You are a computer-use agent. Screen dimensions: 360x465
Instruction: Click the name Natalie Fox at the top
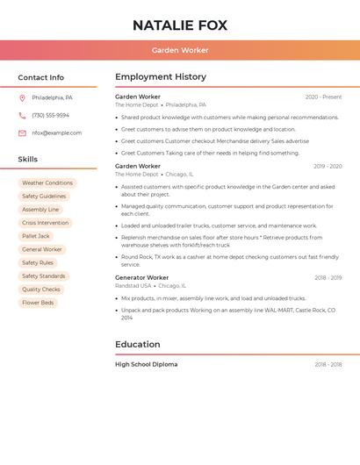point(179,25)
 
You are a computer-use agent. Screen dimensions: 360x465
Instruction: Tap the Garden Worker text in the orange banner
point(179,50)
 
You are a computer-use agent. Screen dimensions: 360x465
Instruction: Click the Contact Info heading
point(40,77)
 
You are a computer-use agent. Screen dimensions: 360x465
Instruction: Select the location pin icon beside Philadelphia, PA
point(22,97)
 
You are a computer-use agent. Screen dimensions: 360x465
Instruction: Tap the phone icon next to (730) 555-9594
point(22,115)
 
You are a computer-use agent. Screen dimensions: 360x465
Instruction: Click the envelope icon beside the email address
point(22,133)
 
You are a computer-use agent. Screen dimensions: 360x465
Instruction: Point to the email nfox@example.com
point(56,133)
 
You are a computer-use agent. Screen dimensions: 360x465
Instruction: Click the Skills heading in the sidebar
point(27,160)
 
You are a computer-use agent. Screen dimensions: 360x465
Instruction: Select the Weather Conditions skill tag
point(47,183)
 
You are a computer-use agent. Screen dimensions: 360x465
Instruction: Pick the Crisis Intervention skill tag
point(45,223)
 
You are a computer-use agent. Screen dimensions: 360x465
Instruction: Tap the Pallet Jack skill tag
point(36,236)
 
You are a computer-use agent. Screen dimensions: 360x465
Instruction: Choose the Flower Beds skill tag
point(38,303)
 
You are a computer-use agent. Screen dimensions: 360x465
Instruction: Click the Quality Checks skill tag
point(41,290)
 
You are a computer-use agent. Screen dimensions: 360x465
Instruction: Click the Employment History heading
point(161,77)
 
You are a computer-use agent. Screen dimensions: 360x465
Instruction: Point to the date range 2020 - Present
point(323,97)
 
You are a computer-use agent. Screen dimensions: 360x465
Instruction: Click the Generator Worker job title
point(141,277)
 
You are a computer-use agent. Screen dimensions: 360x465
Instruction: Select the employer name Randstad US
point(133,285)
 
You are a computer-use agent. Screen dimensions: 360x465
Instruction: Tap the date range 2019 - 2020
point(328,166)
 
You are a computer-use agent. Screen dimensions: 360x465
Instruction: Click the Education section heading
point(137,344)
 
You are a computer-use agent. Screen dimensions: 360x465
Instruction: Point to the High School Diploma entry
point(146,364)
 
